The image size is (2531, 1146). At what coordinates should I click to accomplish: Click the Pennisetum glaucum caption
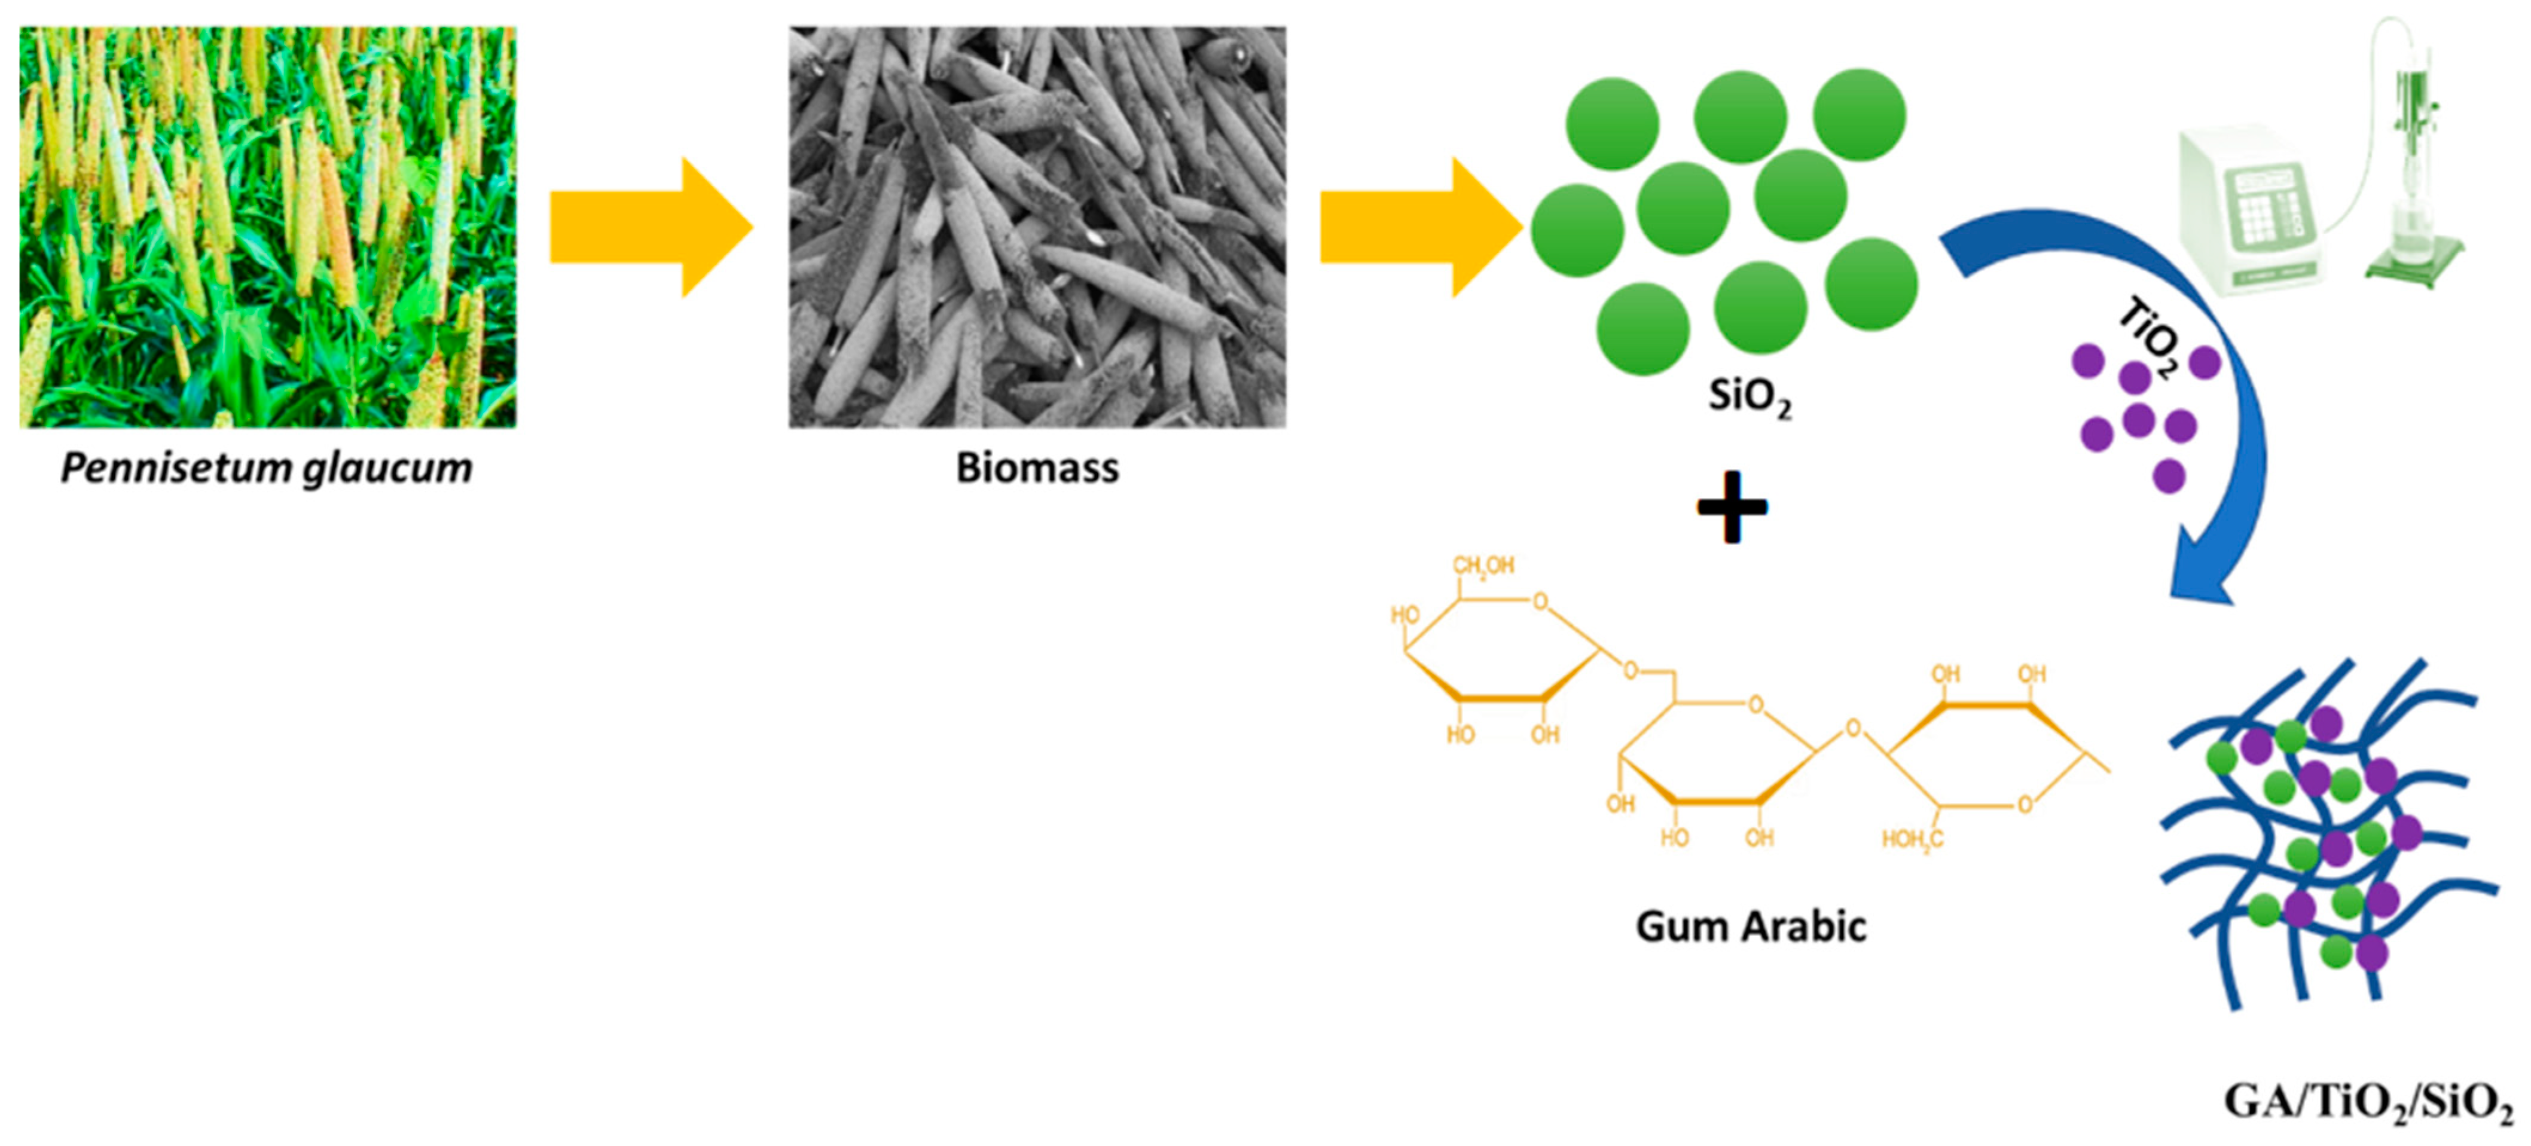[x=266, y=469]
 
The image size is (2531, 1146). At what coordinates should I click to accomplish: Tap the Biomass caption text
[x=1037, y=469]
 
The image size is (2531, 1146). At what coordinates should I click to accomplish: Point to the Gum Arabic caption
[x=1750, y=926]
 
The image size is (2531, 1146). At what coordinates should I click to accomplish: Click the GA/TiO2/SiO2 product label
[x=2367, y=1102]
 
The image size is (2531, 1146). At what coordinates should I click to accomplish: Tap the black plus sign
[x=1732, y=508]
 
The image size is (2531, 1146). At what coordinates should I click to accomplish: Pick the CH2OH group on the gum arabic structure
[x=1483, y=566]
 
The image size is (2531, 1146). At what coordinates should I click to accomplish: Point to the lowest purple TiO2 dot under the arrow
[x=2169, y=476]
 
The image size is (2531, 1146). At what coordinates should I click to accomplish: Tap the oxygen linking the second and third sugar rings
[x=1852, y=729]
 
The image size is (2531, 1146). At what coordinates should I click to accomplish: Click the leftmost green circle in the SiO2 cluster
[x=1576, y=231]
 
